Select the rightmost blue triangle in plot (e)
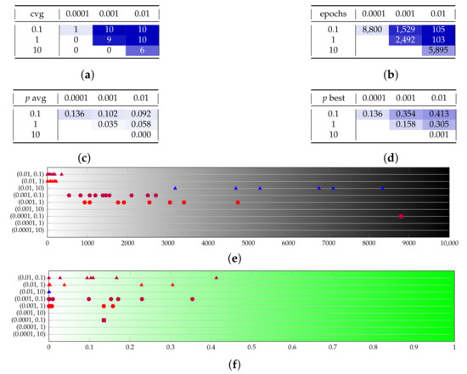pyautogui.click(x=383, y=188)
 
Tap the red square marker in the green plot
pyautogui.click(x=104, y=320)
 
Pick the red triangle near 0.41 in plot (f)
pyautogui.click(x=217, y=278)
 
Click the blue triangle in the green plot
pyautogui.click(x=49, y=292)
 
